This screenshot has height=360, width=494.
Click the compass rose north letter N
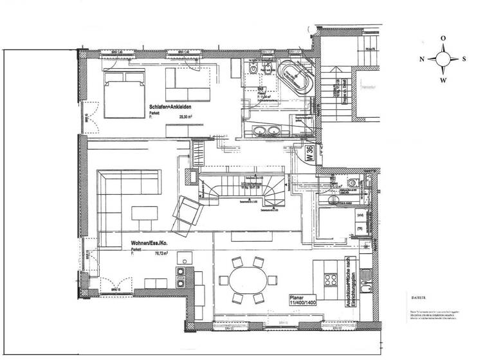point(422,59)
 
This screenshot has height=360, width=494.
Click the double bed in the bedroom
point(122,94)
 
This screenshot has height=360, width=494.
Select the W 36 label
point(309,154)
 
